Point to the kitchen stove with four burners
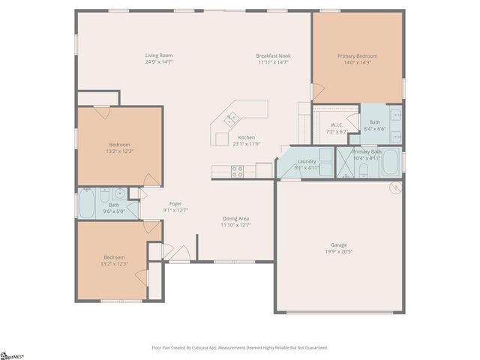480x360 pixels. pos(237,170)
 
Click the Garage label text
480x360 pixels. pos(339,244)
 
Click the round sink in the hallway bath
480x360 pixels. pos(119,193)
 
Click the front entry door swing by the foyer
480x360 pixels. pos(179,253)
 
